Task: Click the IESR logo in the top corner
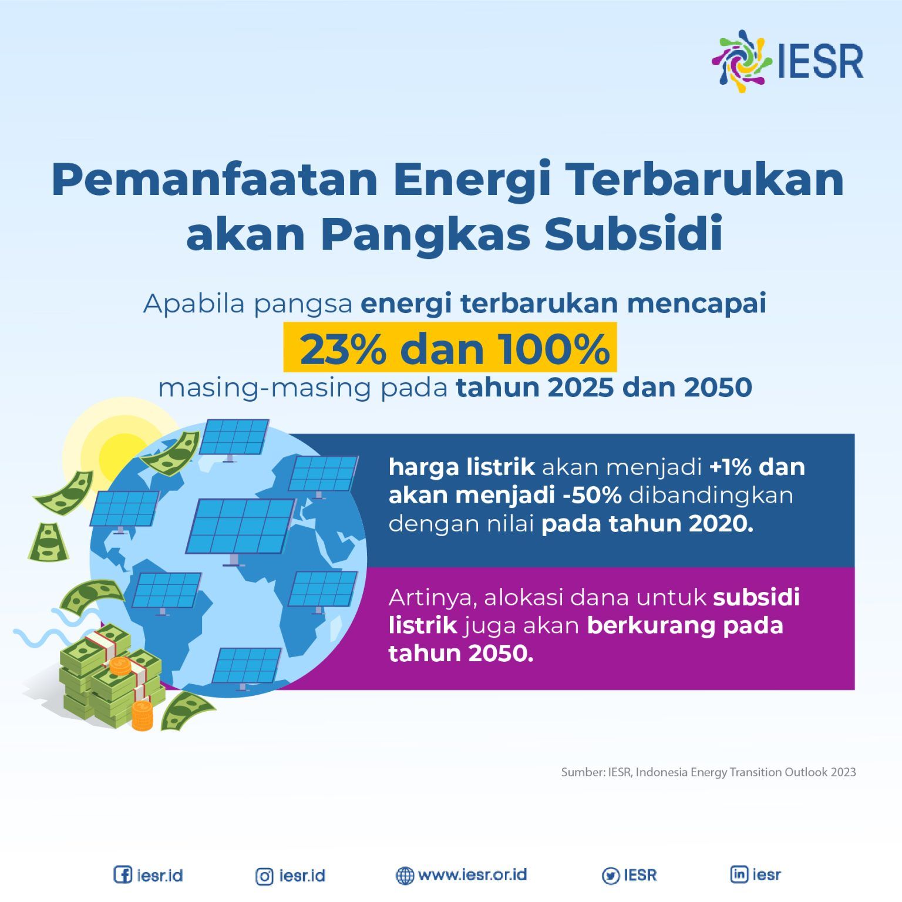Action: pyautogui.click(x=787, y=60)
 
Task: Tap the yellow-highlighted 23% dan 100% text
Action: pyautogui.click(x=450, y=348)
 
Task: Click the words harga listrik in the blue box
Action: pyautogui.click(x=462, y=467)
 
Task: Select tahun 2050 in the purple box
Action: pyautogui.click(x=460, y=654)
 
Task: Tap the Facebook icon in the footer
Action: pyautogui.click(x=122, y=875)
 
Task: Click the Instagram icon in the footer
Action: pyautogui.click(x=264, y=876)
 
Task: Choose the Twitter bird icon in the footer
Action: pyautogui.click(x=611, y=876)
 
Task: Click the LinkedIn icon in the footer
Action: pyautogui.click(x=739, y=874)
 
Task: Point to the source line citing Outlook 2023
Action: pyautogui.click(x=708, y=772)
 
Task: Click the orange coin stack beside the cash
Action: pyautogui.click(x=142, y=715)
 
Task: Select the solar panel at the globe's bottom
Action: pyautogui.click(x=246, y=666)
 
